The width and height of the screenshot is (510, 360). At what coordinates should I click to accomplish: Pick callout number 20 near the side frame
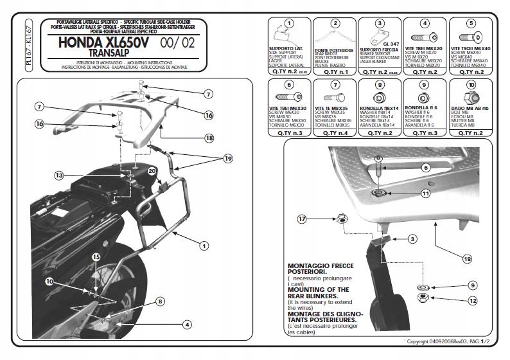tap(152, 171)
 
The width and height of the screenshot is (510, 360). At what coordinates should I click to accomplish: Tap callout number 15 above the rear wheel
tap(95, 256)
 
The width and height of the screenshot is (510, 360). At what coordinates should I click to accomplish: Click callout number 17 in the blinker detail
tap(303, 219)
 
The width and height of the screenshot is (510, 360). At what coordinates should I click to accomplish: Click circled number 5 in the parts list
tap(471, 23)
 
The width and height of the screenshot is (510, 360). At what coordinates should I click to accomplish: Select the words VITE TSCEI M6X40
tap(471, 50)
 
